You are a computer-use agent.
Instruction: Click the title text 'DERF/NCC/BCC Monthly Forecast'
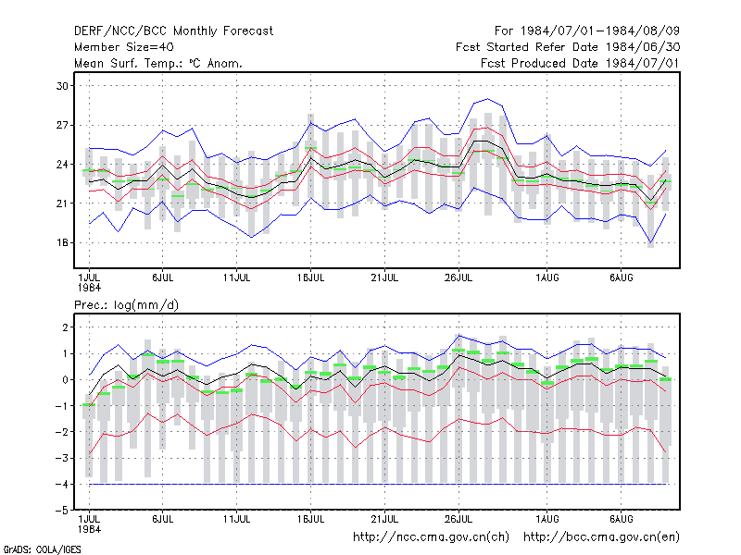point(173,31)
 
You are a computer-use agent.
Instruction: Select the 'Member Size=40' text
point(124,47)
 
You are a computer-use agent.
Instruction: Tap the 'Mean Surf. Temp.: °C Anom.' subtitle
point(157,63)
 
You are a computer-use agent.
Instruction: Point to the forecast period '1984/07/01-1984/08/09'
point(600,31)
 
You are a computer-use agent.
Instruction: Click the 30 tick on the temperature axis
point(62,86)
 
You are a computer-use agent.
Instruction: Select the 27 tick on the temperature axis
point(62,125)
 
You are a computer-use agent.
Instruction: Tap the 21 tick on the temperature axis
point(62,203)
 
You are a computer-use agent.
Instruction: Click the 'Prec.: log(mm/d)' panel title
point(126,305)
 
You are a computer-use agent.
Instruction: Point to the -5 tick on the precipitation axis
point(62,511)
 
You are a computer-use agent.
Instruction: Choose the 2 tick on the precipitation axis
point(65,327)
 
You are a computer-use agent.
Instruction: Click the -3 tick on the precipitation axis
point(62,458)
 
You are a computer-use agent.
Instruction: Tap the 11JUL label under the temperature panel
point(237,277)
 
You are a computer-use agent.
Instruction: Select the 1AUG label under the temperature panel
point(547,277)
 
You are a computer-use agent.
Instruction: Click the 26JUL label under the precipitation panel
point(458,519)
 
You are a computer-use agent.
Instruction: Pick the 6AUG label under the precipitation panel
point(621,519)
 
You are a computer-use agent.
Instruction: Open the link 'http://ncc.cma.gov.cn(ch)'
point(431,537)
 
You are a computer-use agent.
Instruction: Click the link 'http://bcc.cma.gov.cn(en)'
point(601,537)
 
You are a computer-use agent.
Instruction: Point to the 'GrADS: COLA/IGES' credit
point(42,549)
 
